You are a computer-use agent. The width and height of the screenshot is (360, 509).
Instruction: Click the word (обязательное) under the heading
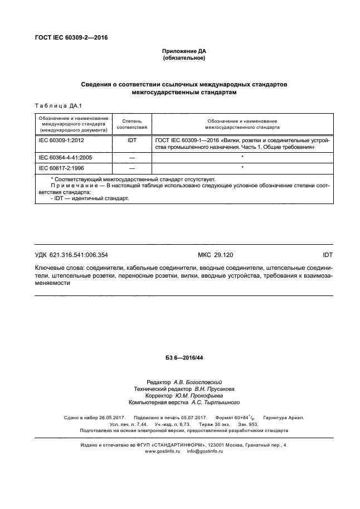click(x=184, y=58)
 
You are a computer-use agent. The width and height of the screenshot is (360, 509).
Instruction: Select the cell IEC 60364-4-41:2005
click(x=65, y=158)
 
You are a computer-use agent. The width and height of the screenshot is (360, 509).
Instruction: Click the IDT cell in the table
click(x=132, y=141)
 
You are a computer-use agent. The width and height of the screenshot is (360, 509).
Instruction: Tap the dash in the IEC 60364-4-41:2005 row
click(x=132, y=158)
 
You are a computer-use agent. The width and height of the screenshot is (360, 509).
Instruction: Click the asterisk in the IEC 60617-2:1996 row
click(x=242, y=167)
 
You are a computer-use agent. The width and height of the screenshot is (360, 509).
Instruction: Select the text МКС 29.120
click(x=214, y=255)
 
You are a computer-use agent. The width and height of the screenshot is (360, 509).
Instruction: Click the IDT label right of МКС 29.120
click(x=327, y=255)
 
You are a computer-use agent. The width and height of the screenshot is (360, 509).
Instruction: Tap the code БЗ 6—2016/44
click(x=184, y=357)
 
